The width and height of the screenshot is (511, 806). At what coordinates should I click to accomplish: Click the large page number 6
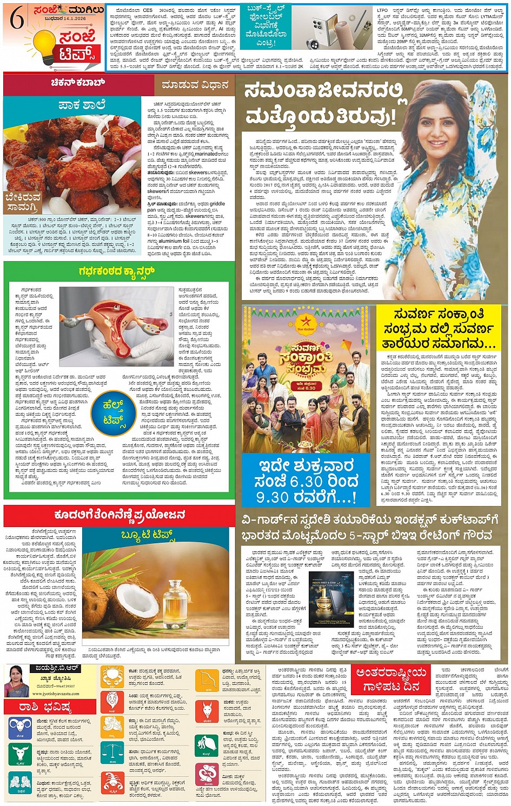(17, 19)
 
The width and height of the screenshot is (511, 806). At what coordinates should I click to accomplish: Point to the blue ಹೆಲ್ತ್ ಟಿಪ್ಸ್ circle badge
(114, 411)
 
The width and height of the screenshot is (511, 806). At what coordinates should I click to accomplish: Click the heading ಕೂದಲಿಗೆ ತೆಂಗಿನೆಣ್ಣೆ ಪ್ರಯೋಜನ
(119, 515)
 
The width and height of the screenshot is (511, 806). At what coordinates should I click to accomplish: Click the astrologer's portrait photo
(16, 681)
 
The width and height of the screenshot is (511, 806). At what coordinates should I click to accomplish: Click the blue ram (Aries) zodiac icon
(19, 728)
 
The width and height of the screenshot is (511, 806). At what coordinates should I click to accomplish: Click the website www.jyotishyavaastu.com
(56, 694)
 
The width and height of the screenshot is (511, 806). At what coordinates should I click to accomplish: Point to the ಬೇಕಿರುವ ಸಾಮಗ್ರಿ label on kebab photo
(22, 202)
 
